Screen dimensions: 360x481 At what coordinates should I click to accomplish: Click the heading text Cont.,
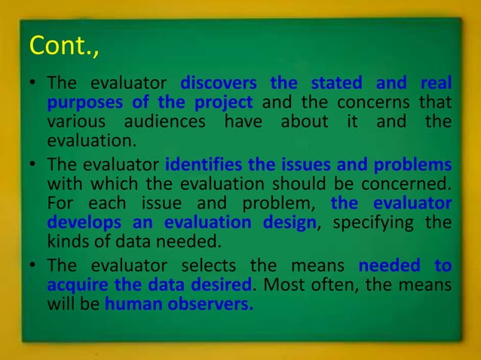coord(63,46)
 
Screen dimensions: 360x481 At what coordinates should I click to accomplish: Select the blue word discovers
coord(218,82)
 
